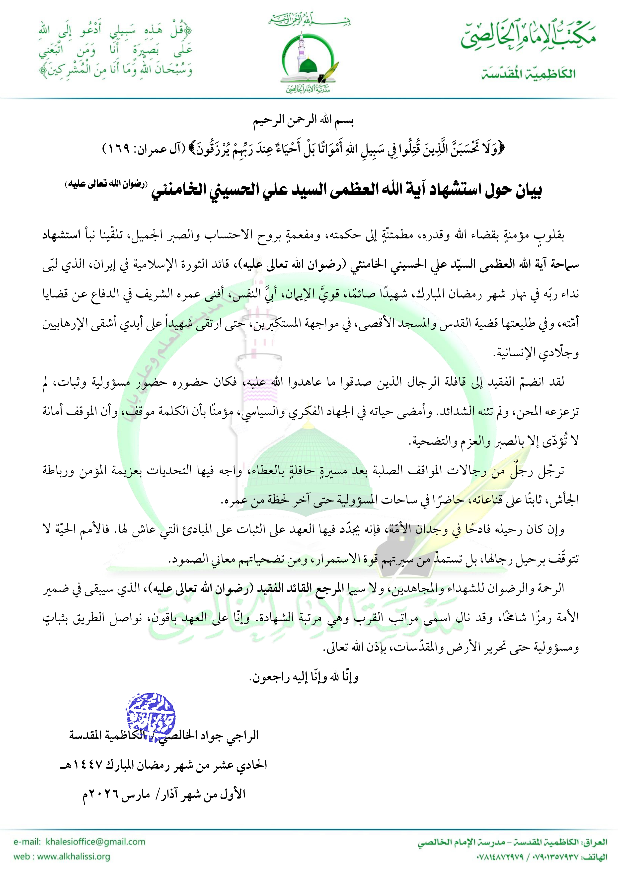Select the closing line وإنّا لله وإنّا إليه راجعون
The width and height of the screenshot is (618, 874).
(304, 677)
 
